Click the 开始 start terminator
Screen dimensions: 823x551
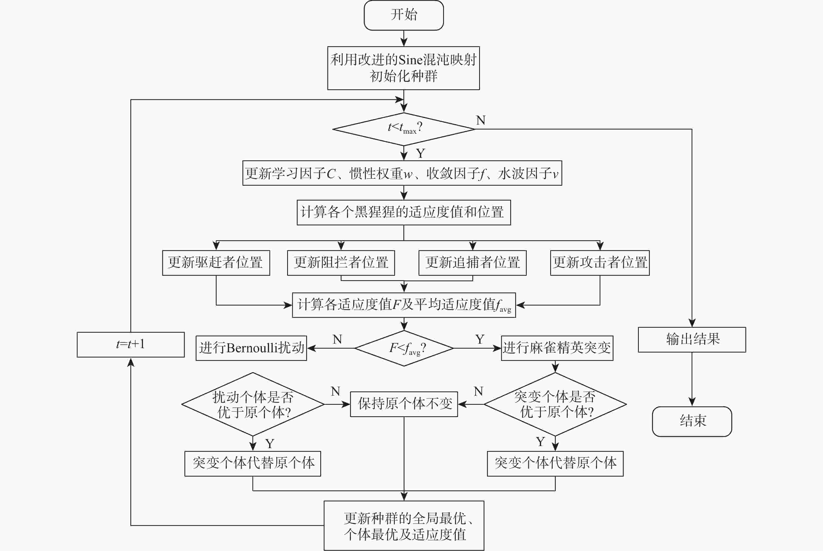click(404, 15)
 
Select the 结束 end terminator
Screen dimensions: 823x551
click(692, 421)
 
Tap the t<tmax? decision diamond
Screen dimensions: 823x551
click(404, 129)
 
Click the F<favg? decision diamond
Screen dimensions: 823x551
click(404, 348)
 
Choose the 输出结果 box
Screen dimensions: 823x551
click(692, 339)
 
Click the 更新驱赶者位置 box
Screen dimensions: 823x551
click(216, 263)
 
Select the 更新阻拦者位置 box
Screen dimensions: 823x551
click(341, 263)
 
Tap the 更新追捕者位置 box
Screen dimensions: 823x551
click(472, 263)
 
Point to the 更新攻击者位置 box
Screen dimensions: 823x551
click(600, 263)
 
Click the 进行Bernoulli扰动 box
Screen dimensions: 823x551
click(251, 348)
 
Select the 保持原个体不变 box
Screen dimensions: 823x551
click(404, 404)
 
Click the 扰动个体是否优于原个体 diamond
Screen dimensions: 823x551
click(253, 404)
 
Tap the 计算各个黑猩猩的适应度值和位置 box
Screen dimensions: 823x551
click(404, 213)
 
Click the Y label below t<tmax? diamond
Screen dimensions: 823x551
click(420, 153)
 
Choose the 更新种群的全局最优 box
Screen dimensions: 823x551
click(404, 526)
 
